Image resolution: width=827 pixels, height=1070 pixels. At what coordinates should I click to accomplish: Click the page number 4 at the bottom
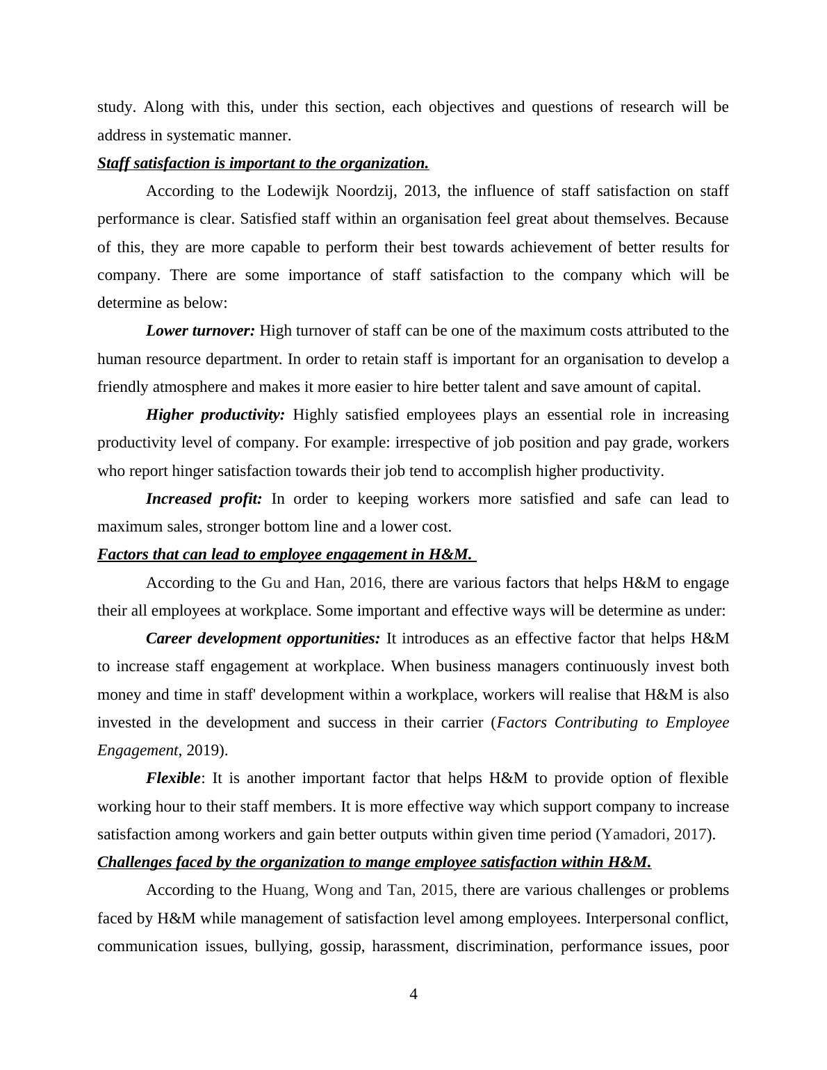tap(413, 994)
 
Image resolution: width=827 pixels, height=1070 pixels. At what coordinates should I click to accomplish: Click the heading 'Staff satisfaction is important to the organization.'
tap(263, 163)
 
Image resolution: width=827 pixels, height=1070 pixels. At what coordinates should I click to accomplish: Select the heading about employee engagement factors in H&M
tap(285, 554)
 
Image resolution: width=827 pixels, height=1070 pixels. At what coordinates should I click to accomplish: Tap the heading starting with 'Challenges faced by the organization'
tap(374, 862)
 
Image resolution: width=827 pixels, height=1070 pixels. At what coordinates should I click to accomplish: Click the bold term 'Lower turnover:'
tap(200, 331)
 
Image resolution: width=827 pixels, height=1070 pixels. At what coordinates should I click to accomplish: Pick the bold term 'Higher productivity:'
tap(215, 415)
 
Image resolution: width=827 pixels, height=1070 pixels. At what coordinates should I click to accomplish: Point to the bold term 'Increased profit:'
tap(204, 499)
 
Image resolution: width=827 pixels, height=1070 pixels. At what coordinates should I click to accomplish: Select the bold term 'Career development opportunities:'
tap(263, 639)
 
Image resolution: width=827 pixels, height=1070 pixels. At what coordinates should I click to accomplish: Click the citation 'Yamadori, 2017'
tap(655, 834)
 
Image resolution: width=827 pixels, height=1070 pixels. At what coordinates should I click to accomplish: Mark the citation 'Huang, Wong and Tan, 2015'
tap(359, 890)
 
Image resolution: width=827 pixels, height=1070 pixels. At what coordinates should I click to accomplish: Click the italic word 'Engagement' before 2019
tap(138, 750)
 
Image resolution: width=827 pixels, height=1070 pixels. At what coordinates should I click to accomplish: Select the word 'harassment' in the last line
tap(410, 946)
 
